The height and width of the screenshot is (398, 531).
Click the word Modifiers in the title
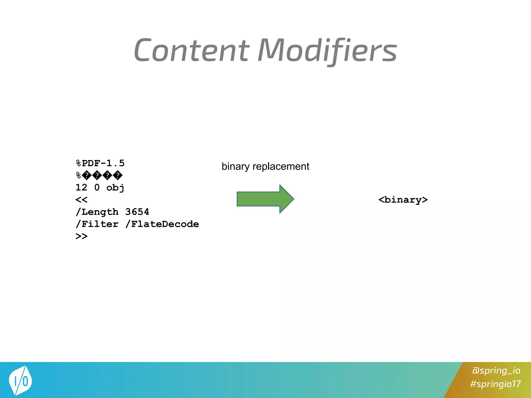pyautogui.click(x=327, y=51)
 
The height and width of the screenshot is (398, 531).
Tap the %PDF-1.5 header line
pyautogui.click(x=100, y=163)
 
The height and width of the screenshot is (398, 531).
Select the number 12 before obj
pyautogui.click(x=81, y=187)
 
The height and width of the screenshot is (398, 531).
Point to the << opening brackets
pyautogui.click(x=81, y=200)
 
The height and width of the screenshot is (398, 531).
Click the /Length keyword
pyautogui.click(x=97, y=212)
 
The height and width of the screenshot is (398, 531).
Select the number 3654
pyautogui.click(x=137, y=212)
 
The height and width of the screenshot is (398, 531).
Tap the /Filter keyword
pyautogui.click(x=97, y=224)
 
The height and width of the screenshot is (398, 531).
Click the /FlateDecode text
pyautogui.click(x=162, y=224)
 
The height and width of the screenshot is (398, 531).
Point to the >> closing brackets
pyautogui.click(x=81, y=236)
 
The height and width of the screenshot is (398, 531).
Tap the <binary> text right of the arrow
pyautogui.click(x=403, y=200)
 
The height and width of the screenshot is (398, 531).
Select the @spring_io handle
pyautogui.click(x=496, y=371)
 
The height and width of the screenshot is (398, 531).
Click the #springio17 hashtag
pyautogui.click(x=495, y=384)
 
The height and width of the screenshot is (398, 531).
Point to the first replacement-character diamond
pyautogui.click(x=87, y=175)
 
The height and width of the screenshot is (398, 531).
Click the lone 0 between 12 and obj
pyautogui.click(x=97, y=187)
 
